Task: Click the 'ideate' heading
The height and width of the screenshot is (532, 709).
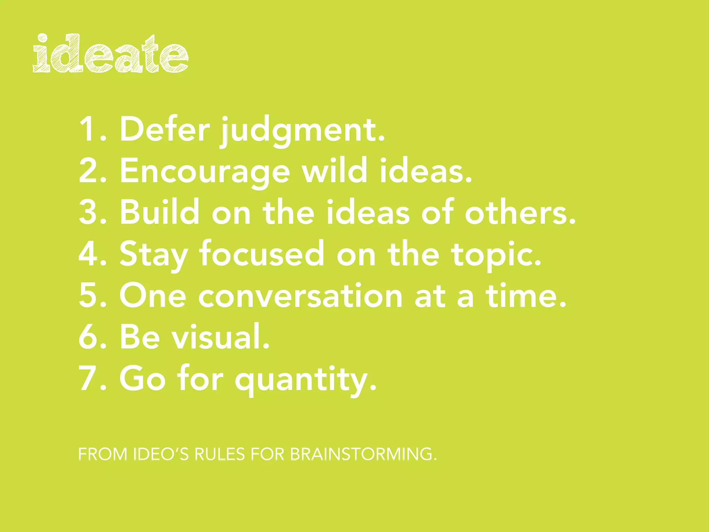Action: (111, 54)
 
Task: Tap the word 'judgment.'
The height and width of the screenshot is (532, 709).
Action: (303, 132)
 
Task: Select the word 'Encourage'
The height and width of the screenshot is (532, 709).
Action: (205, 171)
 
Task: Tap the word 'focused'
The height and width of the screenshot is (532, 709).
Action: (261, 254)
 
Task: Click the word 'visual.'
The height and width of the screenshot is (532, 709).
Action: (221, 337)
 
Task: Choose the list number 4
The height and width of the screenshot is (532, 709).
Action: (89, 254)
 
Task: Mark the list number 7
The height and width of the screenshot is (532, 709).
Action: (89, 378)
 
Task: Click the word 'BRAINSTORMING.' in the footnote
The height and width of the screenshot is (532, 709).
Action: (363, 454)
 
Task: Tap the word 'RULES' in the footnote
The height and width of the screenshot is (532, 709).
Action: (219, 454)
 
